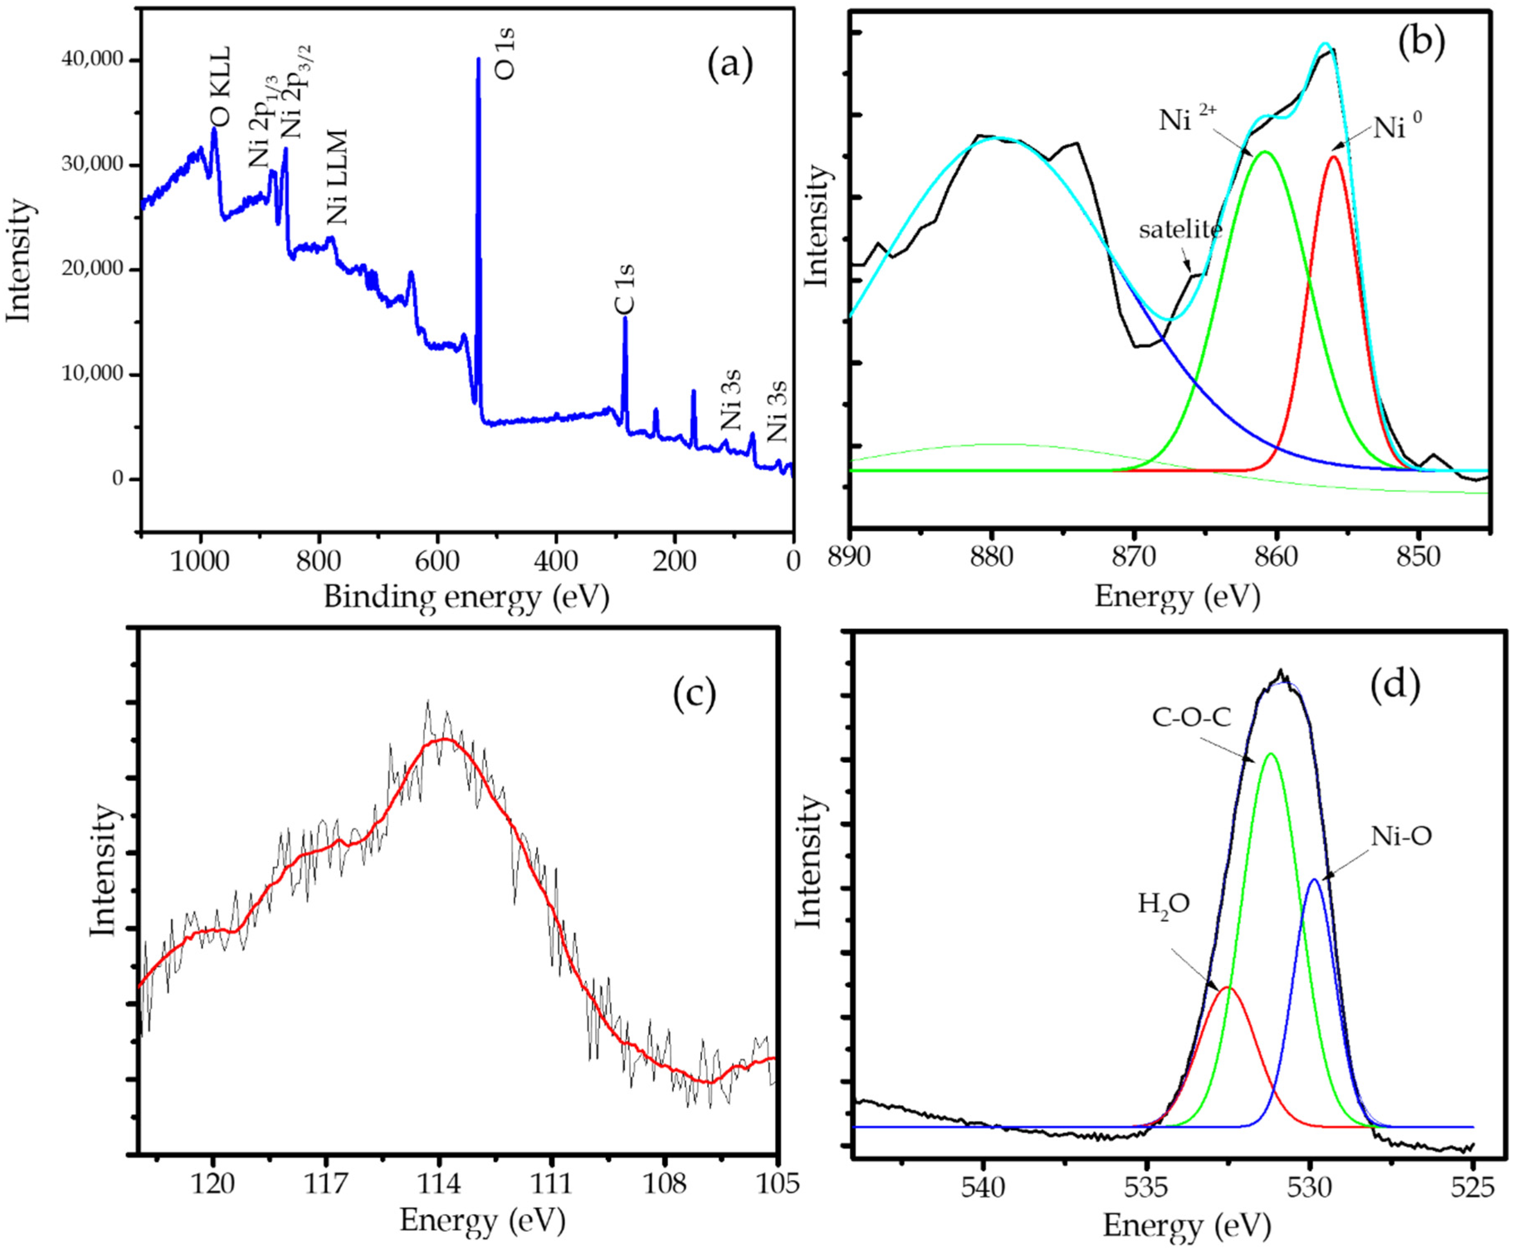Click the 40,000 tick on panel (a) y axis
[93, 61]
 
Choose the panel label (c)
[694, 694]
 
